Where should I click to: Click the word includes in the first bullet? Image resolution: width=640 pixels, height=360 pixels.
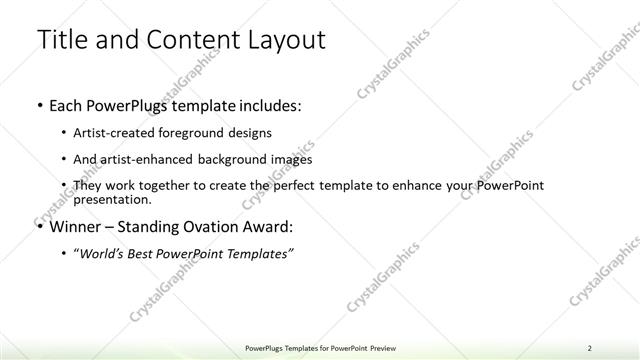tap(265, 104)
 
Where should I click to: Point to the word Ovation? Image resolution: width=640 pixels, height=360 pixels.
tap(205, 227)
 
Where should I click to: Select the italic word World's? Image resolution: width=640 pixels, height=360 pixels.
tap(105, 254)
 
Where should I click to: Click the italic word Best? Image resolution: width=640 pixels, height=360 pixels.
tap(149, 254)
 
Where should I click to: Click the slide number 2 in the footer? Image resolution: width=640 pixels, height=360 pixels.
tap(590, 348)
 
